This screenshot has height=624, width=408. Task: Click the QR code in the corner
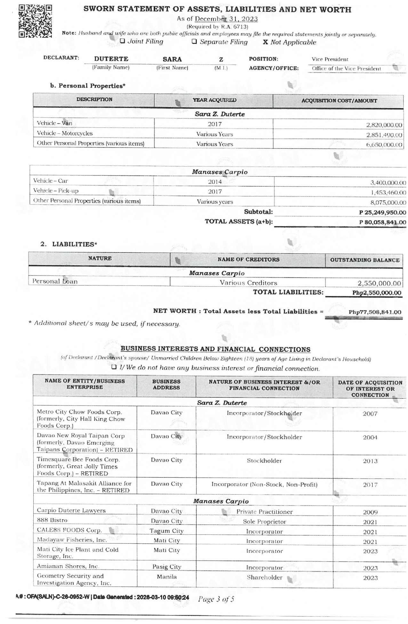coord(35,21)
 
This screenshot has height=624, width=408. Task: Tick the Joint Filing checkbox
coord(123,41)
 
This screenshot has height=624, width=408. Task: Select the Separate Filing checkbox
coord(194,42)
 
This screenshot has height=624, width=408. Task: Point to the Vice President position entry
coord(330,59)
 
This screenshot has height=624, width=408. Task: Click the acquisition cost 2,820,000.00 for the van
coord(384,125)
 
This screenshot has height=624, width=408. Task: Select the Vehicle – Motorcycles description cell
coord(65,133)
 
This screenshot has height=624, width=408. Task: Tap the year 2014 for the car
coord(215,182)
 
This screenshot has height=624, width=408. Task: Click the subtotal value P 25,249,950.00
coord(382,212)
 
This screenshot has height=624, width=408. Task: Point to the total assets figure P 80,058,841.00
coord(382,222)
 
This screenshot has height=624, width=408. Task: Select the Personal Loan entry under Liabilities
coord(55,281)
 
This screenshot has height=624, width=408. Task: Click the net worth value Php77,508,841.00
coord(375,312)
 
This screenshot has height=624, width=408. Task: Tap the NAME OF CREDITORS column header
coord(248,260)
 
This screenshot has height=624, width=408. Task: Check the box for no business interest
coord(114,367)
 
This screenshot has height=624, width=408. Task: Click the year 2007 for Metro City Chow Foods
coord(370,414)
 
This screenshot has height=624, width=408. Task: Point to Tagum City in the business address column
coord(166,531)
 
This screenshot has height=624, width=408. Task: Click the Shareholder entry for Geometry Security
coord(264,577)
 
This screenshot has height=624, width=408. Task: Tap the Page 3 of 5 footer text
coord(216,599)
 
